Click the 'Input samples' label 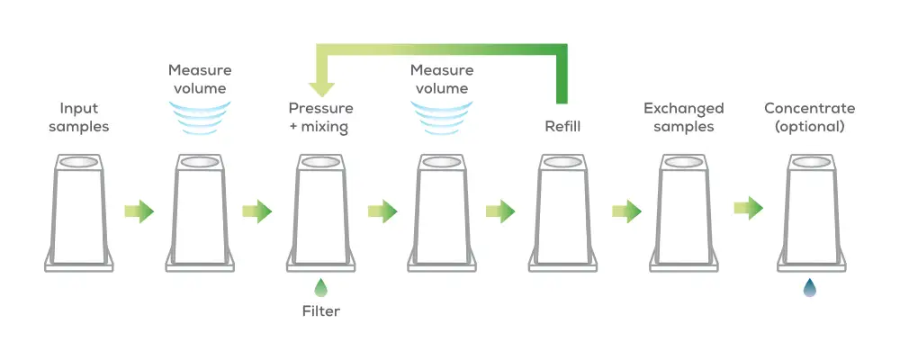(79, 117)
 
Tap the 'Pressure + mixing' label (319, 117)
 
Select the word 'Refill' (562, 126)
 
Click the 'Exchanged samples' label (684, 117)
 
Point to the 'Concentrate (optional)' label (809, 117)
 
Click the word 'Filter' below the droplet (320, 312)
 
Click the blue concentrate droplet (809, 288)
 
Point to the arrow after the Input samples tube (139, 211)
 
